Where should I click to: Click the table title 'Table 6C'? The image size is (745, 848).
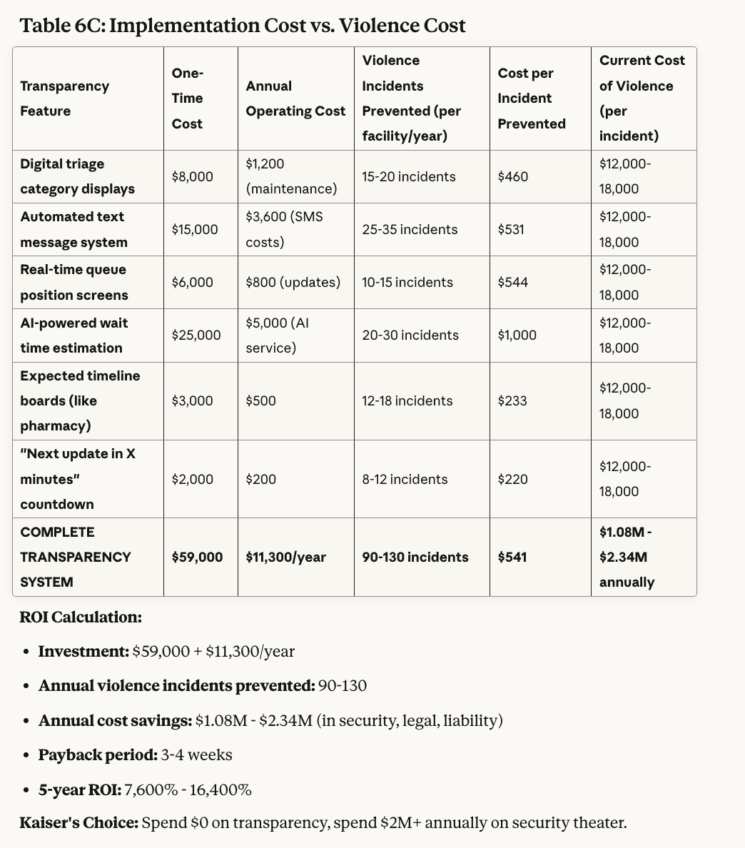point(243,26)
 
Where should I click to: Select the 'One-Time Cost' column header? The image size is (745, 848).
point(188,99)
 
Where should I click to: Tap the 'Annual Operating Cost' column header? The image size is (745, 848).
point(295,99)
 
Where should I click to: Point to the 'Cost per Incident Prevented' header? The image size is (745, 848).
point(532,99)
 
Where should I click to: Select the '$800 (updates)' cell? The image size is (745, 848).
point(293,282)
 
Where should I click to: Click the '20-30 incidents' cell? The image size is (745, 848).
point(410,335)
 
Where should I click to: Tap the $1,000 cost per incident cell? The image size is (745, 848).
point(517,335)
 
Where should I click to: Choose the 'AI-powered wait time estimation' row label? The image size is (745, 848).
point(74,335)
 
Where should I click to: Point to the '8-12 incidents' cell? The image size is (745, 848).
point(405,479)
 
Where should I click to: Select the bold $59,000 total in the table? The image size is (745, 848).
point(197,557)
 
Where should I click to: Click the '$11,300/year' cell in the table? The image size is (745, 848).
point(285,557)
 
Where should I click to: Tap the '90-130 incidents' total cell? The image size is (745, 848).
point(415,557)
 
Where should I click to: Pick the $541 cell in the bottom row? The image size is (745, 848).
point(512,557)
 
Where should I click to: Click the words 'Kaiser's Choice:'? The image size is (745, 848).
point(79,822)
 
